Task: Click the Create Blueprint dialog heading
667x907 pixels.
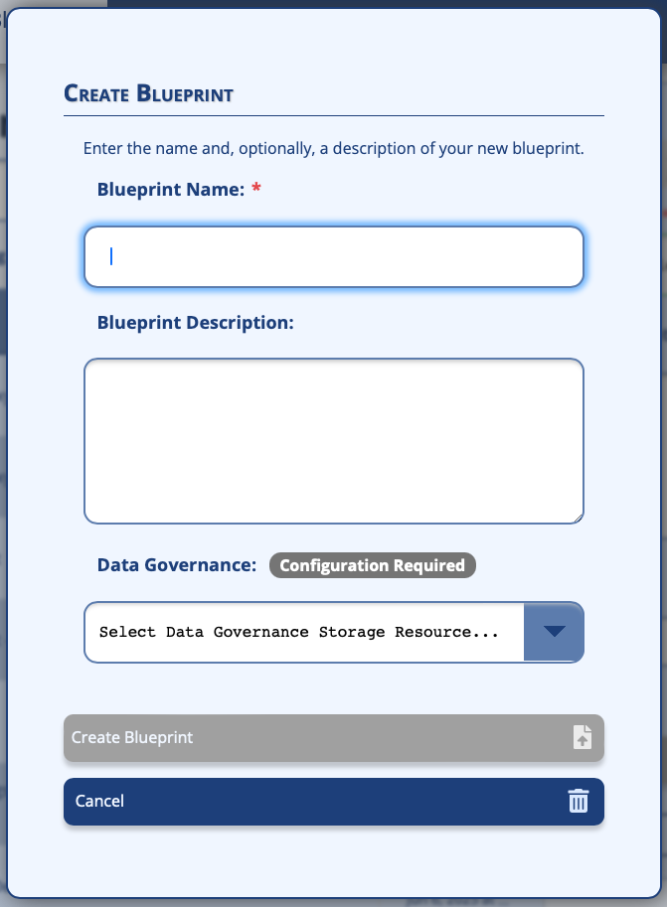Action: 148,94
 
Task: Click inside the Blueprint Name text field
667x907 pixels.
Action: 333,257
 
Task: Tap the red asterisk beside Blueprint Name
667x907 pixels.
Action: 256,189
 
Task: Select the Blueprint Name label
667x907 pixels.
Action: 170,189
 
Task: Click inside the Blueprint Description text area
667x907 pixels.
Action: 333,440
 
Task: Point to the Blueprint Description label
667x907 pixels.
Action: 196,322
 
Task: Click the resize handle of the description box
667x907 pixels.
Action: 577,517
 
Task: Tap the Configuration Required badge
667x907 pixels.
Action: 373,565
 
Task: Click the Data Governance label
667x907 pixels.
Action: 177,565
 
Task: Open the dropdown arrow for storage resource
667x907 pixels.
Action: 554,632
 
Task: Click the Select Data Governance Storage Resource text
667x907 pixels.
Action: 298,632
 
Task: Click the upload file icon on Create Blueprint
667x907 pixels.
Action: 583,737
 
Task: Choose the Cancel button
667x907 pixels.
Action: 333,801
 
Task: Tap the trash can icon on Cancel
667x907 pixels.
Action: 579,801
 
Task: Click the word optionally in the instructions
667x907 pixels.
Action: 268,149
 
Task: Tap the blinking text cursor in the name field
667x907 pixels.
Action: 111,256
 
